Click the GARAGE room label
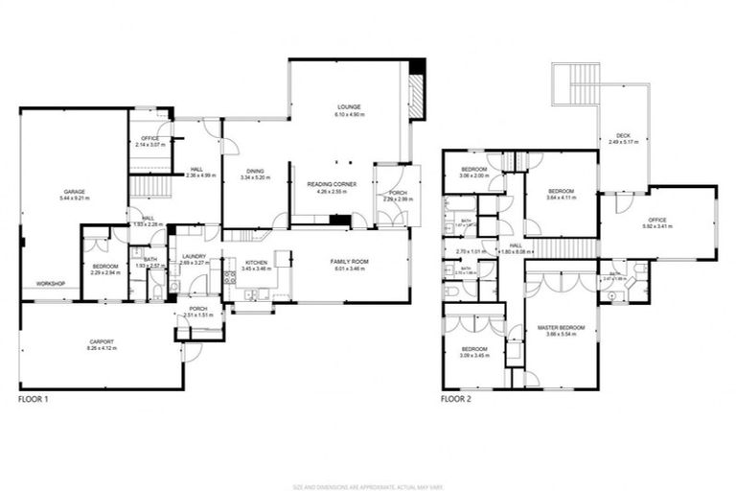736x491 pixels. [x=74, y=192]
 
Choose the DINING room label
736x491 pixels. [x=254, y=172]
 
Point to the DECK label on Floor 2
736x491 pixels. [x=623, y=135]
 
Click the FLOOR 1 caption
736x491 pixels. [x=34, y=398]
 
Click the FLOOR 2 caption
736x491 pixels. [x=456, y=398]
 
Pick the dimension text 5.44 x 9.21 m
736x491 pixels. [x=74, y=199]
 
